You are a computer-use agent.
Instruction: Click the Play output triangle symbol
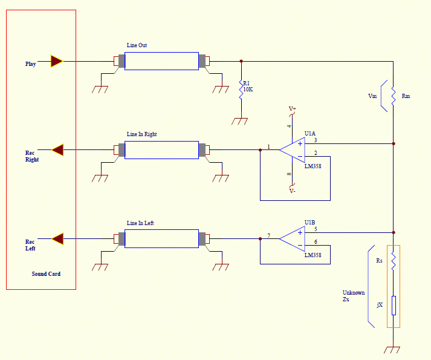click(x=57, y=61)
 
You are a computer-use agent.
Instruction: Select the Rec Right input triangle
click(x=57, y=150)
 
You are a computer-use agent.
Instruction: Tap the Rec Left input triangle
click(x=57, y=238)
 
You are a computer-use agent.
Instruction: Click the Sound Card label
click(x=46, y=274)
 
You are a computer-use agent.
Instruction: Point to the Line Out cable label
click(x=137, y=45)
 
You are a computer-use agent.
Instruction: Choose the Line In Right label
click(x=141, y=134)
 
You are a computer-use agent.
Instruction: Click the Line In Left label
click(x=140, y=223)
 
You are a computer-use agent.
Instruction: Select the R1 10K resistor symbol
click(x=241, y=90)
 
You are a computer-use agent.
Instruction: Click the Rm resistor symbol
click(x=394, y=96)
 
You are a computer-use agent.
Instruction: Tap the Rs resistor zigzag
click(x=394, y=261)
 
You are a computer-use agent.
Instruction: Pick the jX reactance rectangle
click(x=394, y=306)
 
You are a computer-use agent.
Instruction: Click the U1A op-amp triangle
click(x=292, y=150)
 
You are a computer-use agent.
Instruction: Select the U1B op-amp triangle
click(x=292, y=238)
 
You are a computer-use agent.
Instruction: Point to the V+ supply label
click(x=292, y=109)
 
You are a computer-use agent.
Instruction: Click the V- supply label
click(x=292, y=191)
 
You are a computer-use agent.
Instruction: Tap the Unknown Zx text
click(x=354, y=296)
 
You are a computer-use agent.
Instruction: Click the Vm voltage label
click(x=372, y=96)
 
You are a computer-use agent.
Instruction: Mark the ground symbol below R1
click(x=240, y=122)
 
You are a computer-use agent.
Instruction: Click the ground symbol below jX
click(x=392, y=350)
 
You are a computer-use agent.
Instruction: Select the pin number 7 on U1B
click(x=269, y=235)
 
